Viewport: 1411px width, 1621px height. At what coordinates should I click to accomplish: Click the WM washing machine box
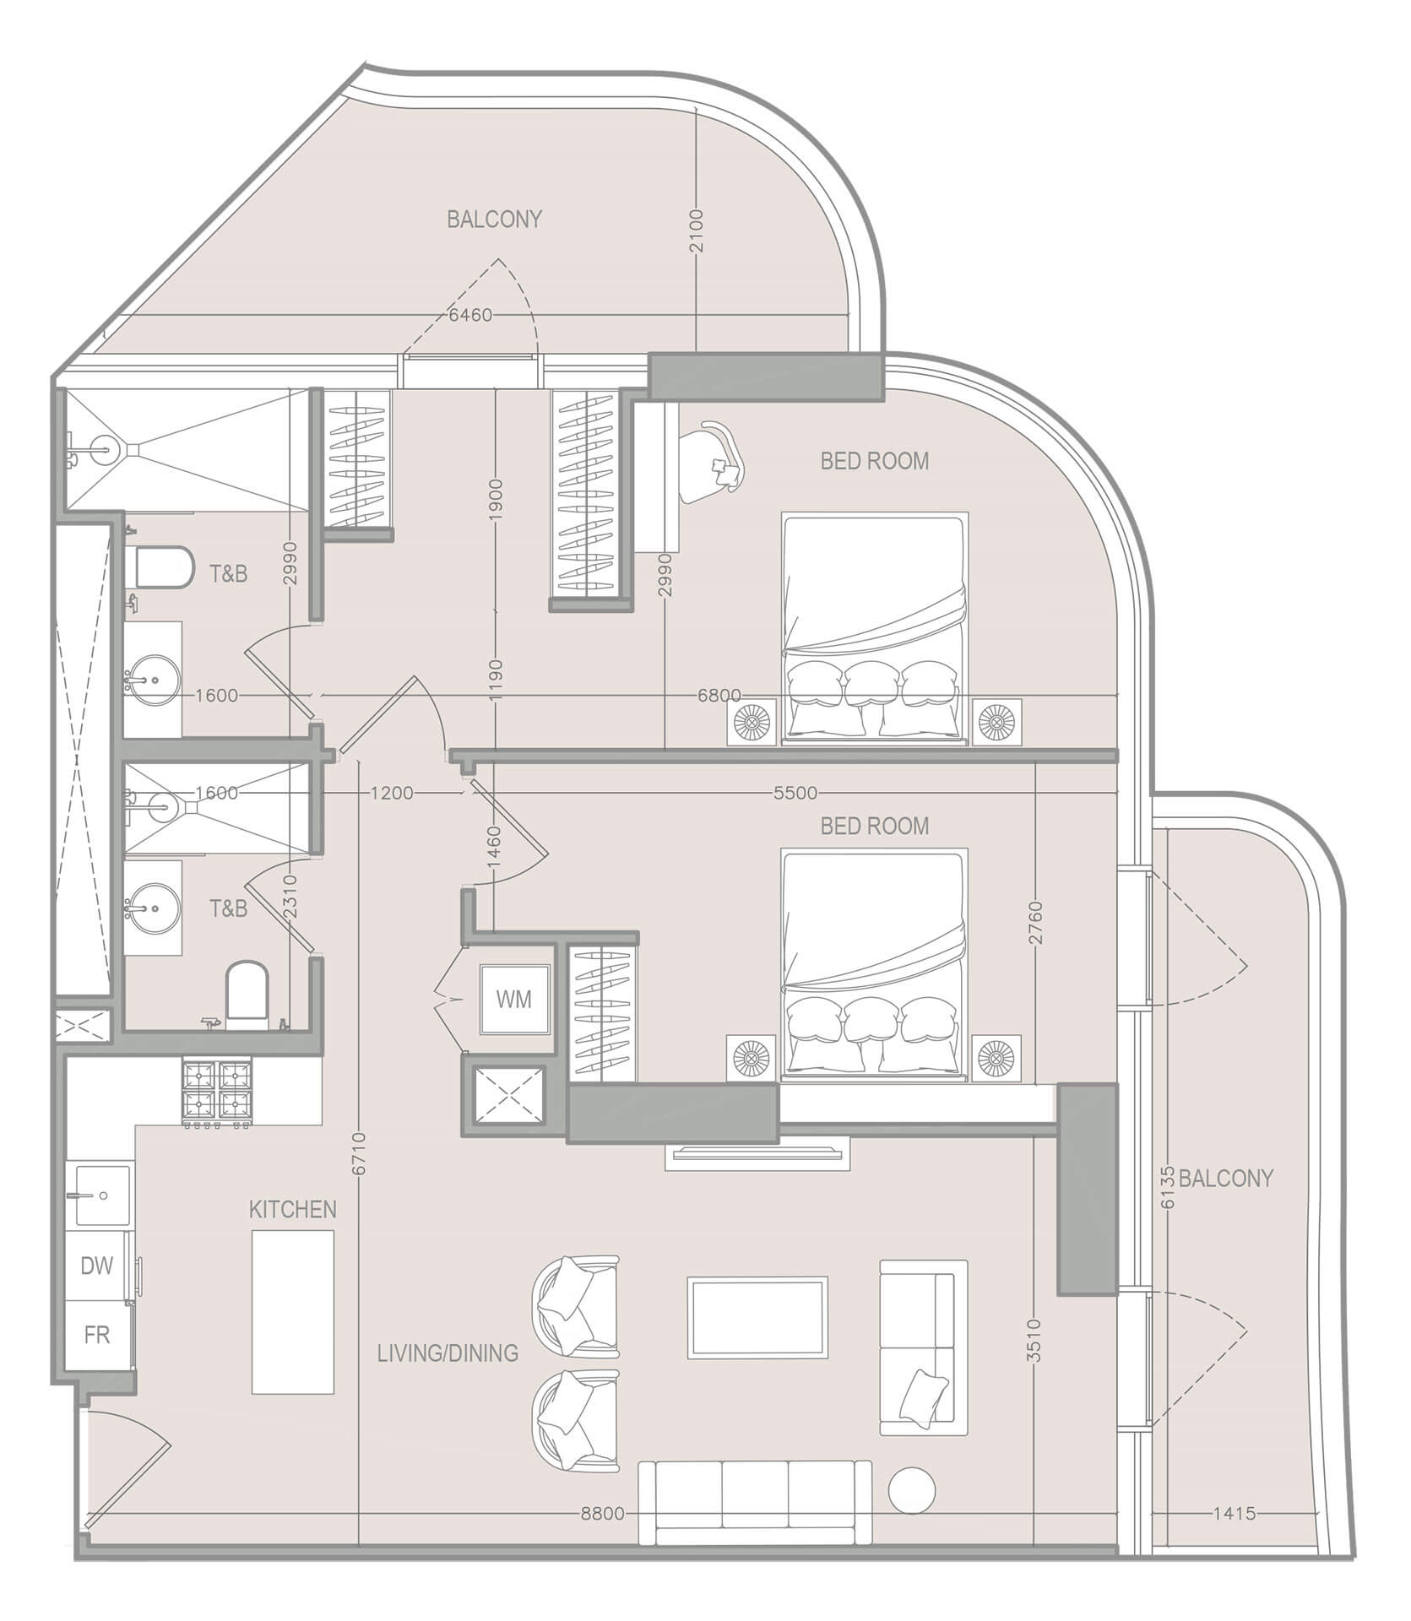coord(513,1000)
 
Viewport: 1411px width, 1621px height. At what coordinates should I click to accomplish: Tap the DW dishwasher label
coord(97,1265)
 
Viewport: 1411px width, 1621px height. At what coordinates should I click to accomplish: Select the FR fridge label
coord(97,1334)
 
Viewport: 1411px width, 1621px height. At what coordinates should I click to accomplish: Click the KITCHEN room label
coord(292,1209)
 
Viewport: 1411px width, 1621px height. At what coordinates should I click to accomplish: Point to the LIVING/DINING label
coord(448,1353)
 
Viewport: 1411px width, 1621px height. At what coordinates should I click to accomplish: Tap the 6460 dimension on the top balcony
coord(469,316)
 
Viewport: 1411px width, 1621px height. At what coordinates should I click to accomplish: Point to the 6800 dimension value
coord(719,695)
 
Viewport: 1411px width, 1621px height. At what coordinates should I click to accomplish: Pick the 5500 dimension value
coord(795,793)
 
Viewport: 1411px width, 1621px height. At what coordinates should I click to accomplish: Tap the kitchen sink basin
coord(103,1195)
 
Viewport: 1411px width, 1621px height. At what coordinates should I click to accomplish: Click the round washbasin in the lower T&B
coord(154,908)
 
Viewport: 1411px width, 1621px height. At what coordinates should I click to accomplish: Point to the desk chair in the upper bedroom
coord(715,461)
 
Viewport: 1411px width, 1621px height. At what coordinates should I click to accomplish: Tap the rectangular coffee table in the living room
coord(757,1317)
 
